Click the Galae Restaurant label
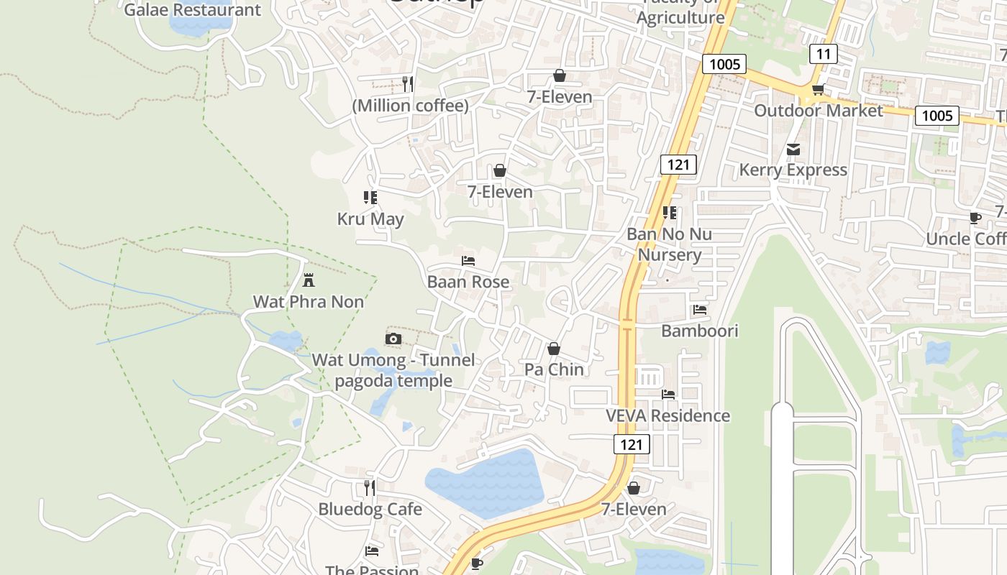click(x=192, y=10)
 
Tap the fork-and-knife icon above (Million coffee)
click(x=408, y=83)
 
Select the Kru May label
click(x=370, y=219)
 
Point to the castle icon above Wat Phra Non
click(x=309, y=280)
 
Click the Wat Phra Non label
click(x=308, y=302)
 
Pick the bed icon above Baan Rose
click(x=468, y=260)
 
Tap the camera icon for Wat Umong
click(x=393, y=339)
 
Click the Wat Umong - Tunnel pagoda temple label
click(x=393, y=370)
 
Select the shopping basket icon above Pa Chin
click(x=554, y=349)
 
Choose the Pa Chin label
click(x=554, y=369)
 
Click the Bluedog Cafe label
click(x=370, y=510)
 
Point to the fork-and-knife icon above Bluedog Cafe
click(x=369, y=488)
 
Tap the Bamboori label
click(x=699, y=331)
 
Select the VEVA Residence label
click(x=667, y=416)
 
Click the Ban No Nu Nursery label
click(x=669, y=244)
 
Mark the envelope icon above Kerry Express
click(x=793, y=149)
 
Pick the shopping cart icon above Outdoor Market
click(x=818, y=90)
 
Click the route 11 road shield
click(x=824, y=54)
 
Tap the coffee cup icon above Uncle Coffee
click(x=975, y=218)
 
